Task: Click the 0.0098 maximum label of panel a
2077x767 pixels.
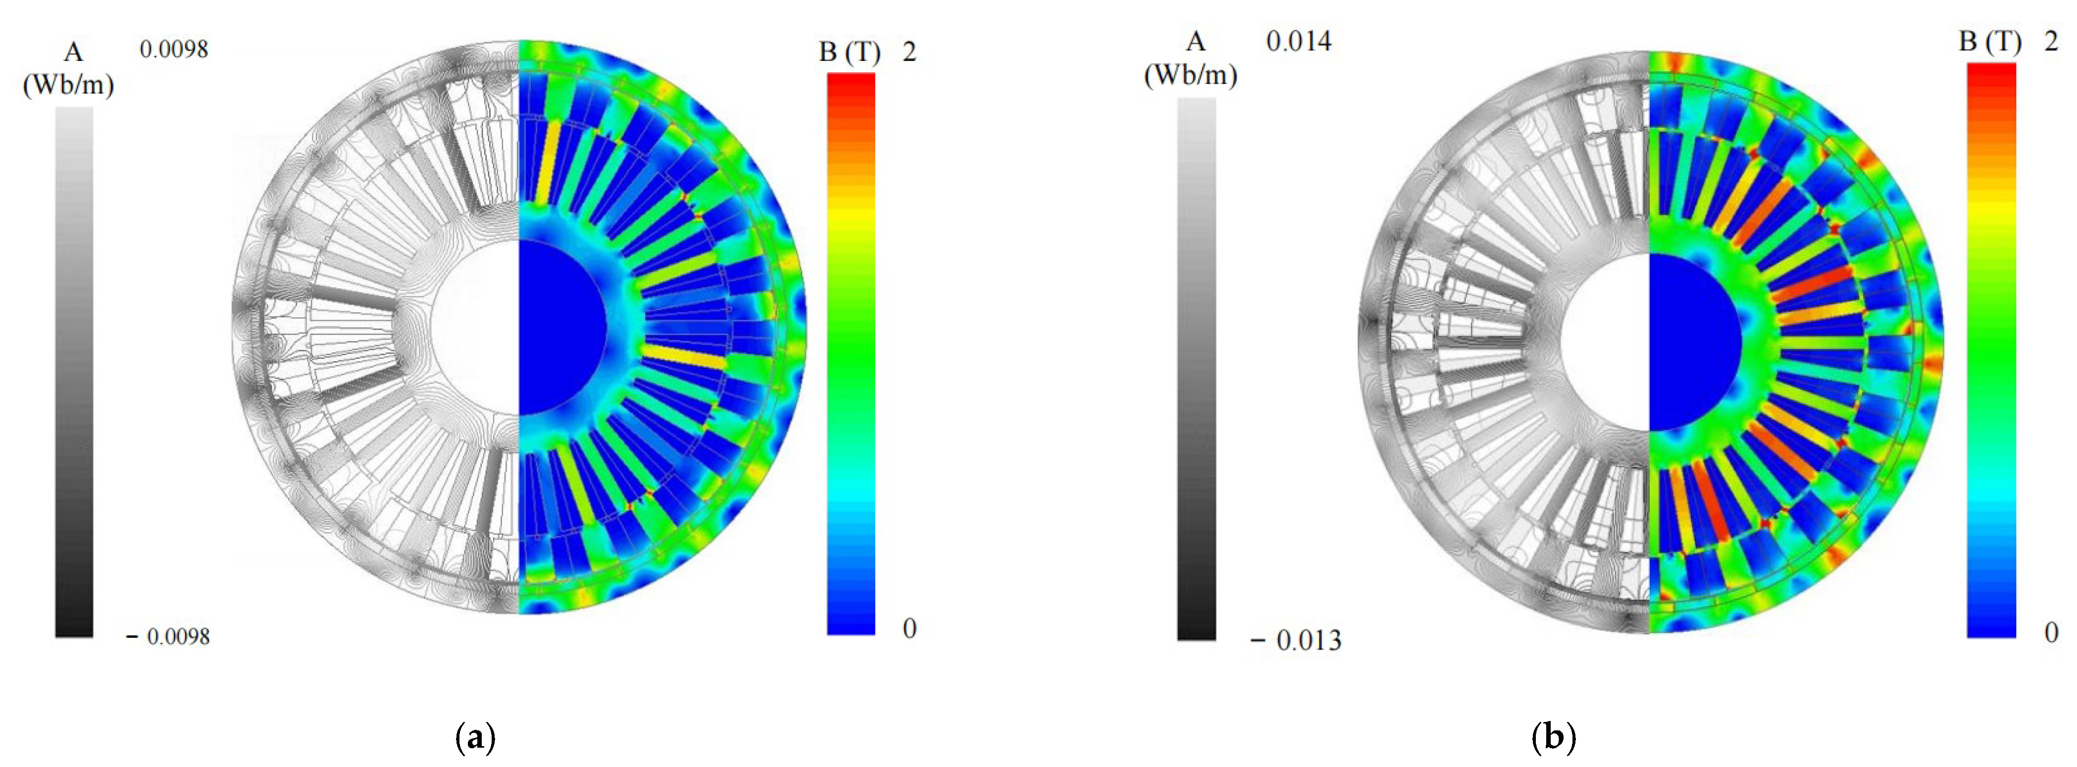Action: [x=173, y=50]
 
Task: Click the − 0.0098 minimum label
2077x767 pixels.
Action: [x=168, y=637]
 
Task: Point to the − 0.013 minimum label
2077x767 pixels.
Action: [x=1296, y=641]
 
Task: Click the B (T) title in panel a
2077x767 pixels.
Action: [x=849, y=52]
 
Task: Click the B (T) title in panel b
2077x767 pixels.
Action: [x=1990, y=42]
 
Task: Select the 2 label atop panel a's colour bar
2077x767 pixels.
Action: [x=910, y=52]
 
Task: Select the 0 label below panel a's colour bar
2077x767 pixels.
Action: [x=910, y=628]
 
